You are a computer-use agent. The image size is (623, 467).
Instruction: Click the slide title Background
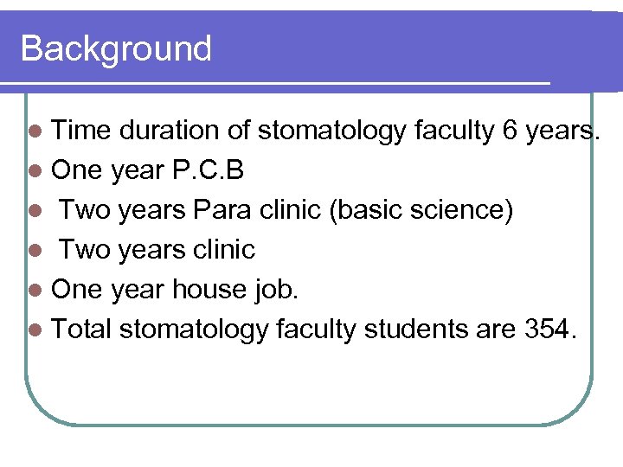click(116, 48)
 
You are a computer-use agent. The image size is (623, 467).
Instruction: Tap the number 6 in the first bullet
click(511, 131)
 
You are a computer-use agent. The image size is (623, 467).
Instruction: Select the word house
click(209, 290)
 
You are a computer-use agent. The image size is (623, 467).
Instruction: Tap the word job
click(275, 290)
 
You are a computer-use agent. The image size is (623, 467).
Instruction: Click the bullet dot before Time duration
click(35, 131)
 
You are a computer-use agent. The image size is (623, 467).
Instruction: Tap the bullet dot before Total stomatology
click(35, 329)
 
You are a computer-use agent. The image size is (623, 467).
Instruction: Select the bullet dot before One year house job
click(35, 291)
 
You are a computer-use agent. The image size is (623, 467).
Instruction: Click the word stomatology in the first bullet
click(331, 131)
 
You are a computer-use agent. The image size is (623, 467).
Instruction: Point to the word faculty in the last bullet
click(312, 329)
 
